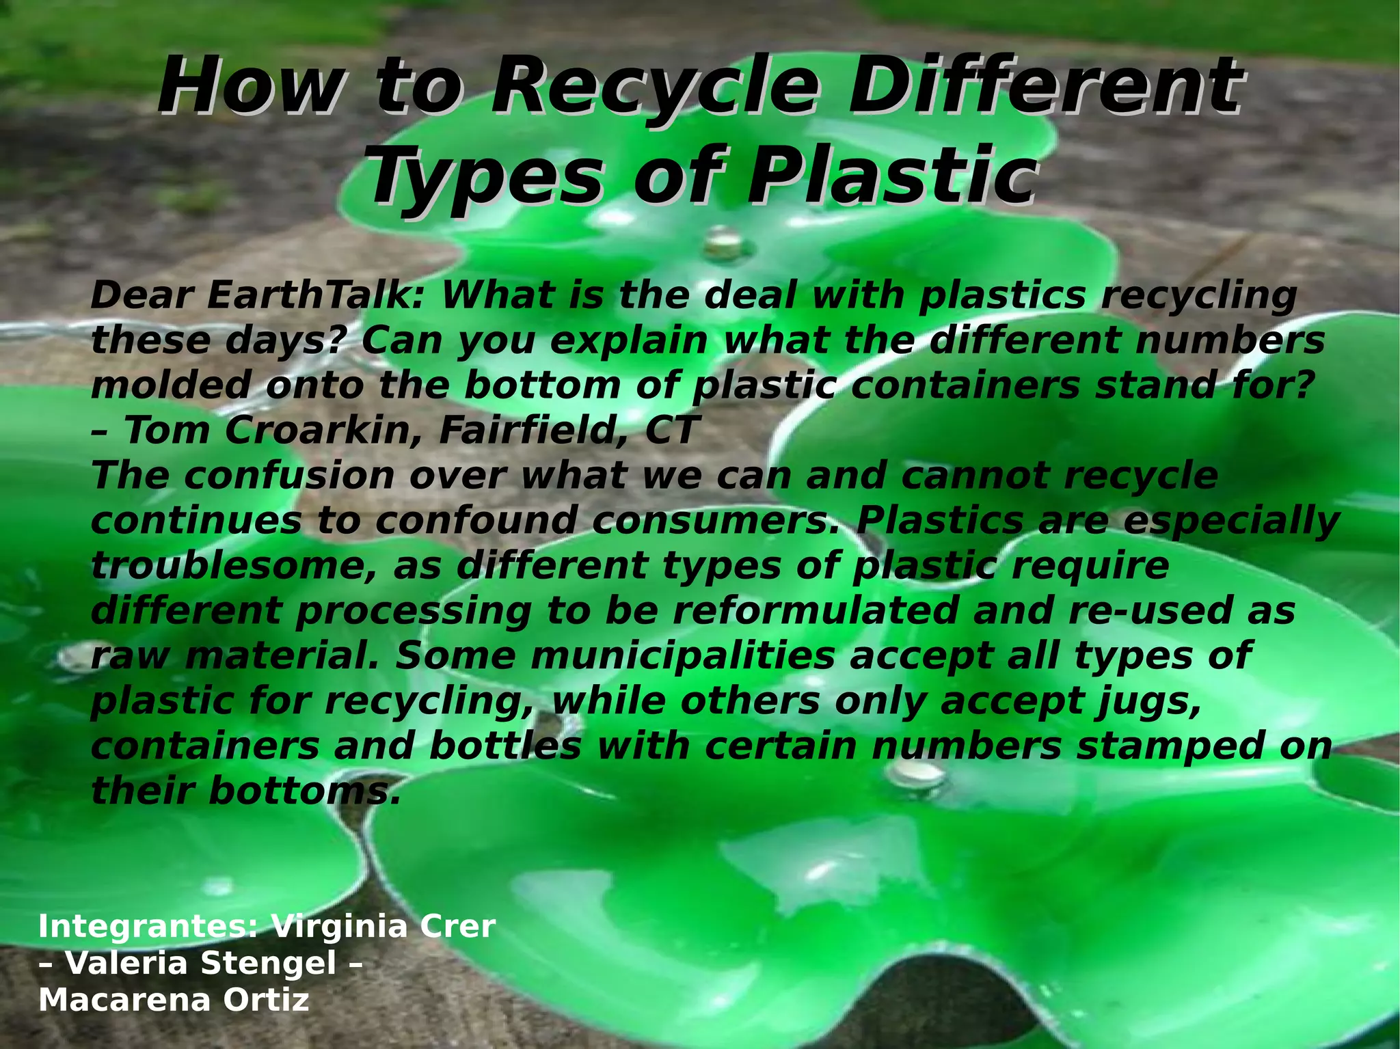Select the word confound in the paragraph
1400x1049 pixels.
click(475, 521)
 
